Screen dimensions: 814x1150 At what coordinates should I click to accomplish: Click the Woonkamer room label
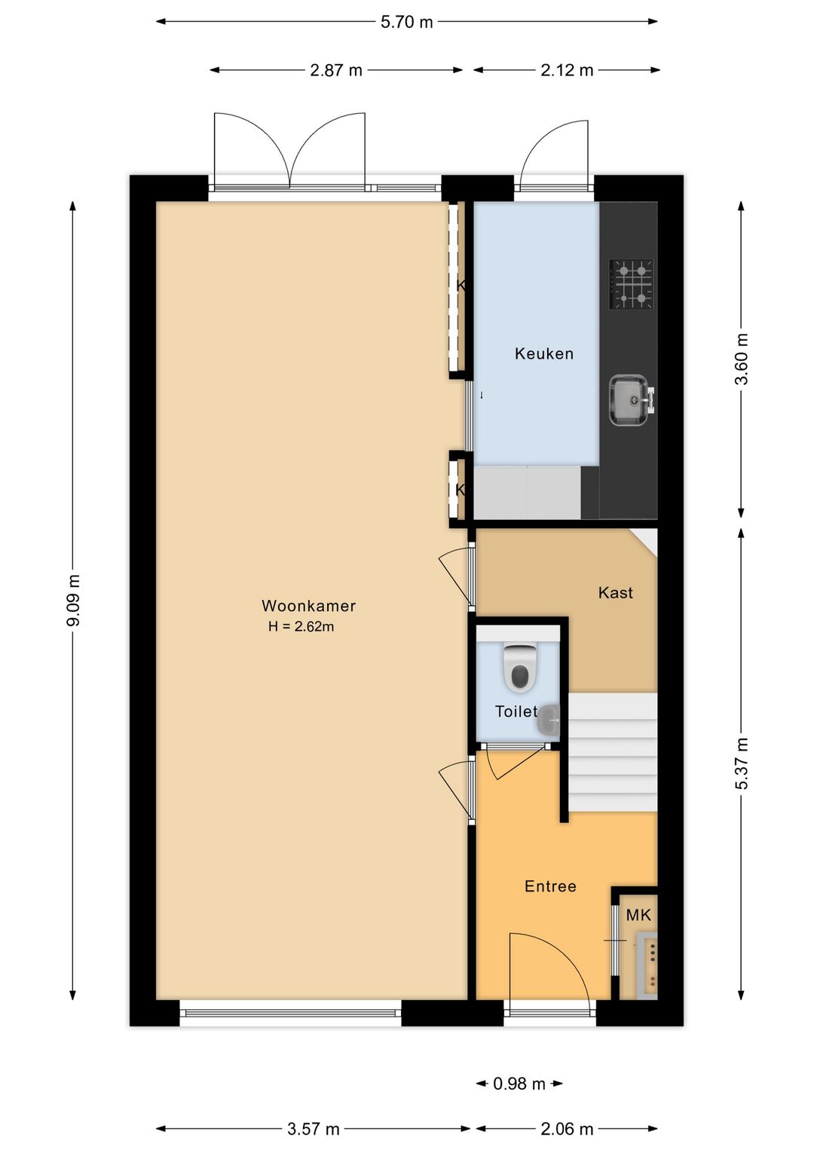pos(308,606)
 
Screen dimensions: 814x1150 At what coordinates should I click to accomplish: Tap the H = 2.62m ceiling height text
pos(301,626)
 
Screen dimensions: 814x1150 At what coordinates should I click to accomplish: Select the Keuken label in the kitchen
pos(544,353)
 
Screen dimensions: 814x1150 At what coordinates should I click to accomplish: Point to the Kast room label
pos(615,592)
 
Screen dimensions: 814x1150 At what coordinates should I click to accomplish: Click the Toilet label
pos(516,711)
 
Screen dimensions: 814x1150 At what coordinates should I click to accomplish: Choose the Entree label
pos(550,886)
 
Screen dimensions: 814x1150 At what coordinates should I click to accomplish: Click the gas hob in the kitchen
pos(631,284)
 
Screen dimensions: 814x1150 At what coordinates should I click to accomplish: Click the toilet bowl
pos(519,668)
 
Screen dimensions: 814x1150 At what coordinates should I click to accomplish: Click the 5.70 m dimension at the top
pos(407,22)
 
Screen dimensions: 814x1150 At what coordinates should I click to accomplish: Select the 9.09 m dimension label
pos(73,600)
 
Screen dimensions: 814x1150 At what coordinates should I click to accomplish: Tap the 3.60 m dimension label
pos(741,359)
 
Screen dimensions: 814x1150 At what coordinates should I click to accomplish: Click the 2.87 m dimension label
pos(336,70)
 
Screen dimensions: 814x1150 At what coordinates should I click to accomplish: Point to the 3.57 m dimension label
pos(314,1129)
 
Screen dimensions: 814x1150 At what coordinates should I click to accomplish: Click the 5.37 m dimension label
pos(741,763)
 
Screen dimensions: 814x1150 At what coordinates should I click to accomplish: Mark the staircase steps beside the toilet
pos(613,752)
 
